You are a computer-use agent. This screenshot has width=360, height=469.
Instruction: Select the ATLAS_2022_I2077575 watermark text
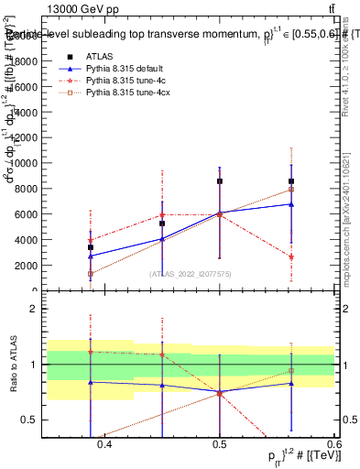pos(190,273)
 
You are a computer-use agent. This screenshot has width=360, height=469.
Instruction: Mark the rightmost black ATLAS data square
pos(291,181)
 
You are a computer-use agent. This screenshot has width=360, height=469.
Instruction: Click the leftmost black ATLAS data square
pos(90,247)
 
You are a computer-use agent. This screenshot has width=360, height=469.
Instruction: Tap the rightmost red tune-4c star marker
pos(291,257)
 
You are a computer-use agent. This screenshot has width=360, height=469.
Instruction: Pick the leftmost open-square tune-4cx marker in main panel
pos(90,273)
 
